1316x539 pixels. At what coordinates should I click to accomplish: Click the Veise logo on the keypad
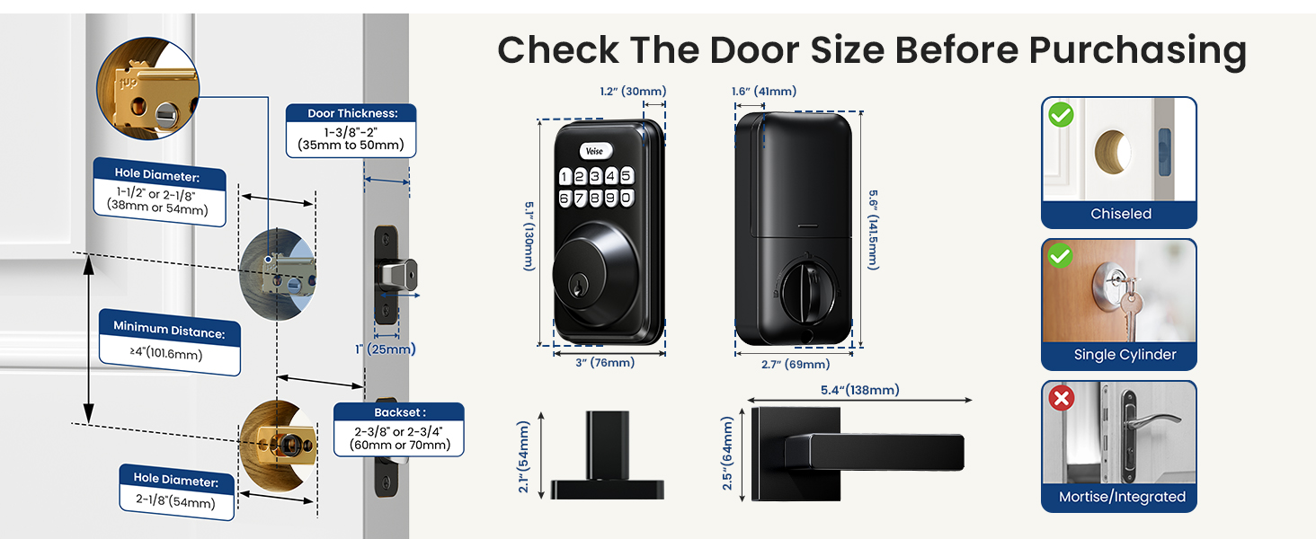tap(596, 151)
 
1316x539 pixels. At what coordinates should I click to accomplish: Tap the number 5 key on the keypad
tap(627, 175)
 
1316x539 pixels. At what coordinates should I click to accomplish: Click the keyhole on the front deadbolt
tap(578, 287)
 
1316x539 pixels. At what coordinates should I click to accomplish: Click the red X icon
tap(1061, 398)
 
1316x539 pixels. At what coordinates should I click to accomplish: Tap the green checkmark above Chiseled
tap(1061, 114)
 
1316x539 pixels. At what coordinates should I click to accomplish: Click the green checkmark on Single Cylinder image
tap(1060, 255)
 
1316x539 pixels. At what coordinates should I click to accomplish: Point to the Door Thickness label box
tap(351, 130)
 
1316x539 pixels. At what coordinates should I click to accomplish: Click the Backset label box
tap(399, 429)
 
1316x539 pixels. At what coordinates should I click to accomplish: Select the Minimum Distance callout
tap(170, 342)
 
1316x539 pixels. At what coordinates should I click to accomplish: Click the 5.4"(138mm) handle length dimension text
tap(859, 390)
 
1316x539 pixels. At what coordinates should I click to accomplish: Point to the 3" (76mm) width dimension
tap(605, 362)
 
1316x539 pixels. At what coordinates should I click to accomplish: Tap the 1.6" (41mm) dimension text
tap(764, 91)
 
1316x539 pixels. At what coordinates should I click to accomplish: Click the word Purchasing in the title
tap(1137, 51)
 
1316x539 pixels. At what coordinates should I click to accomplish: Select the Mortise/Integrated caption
tap(1122, 497)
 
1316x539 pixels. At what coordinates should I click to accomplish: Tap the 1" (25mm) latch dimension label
tap(386, 349)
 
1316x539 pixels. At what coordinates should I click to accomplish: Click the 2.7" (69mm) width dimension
tap(796, 364)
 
